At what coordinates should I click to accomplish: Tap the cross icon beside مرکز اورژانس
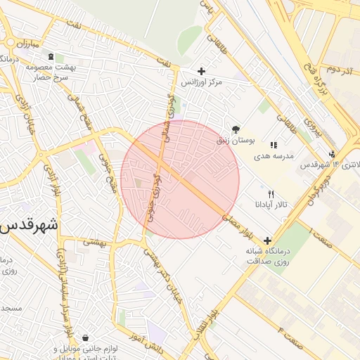pos(202,71)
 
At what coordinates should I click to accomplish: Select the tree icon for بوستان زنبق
pos(236,129)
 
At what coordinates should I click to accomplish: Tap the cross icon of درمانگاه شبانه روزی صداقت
pos(267,240)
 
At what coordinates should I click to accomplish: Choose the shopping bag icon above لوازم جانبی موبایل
pos(85,338)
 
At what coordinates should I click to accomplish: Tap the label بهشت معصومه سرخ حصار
pos(50,71)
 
